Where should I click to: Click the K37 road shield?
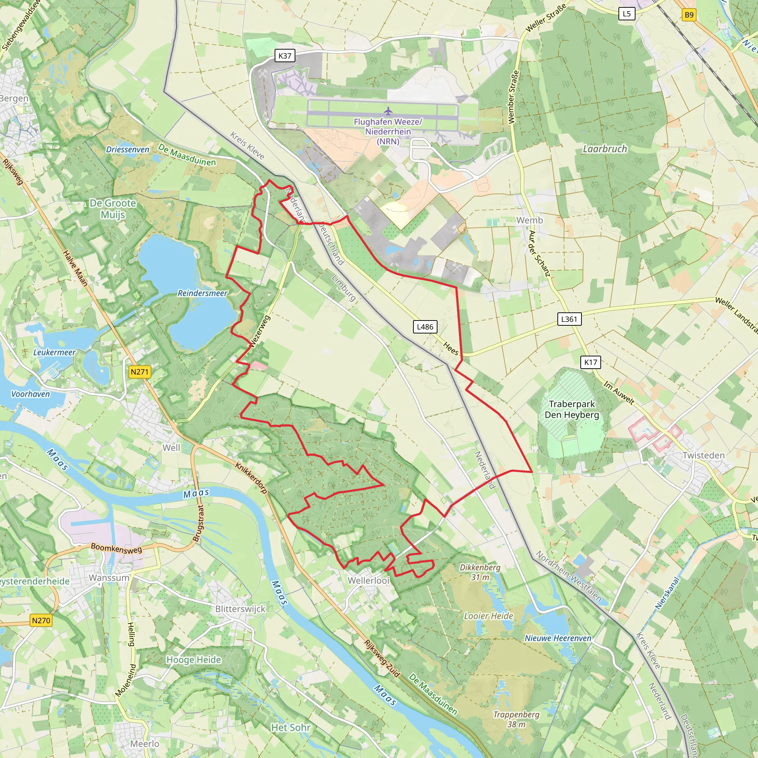(285, 56)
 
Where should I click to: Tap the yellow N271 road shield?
(140, 372)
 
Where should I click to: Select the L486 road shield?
(425, 327)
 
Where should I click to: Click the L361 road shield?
(569, 319)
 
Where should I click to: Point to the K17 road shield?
(590, 362)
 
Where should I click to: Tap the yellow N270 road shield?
(41, 620)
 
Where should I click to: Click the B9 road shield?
(689, 15)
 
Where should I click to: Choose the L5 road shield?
(627, 14)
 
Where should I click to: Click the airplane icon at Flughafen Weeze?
(388, 111)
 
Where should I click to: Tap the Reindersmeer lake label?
(202, 293)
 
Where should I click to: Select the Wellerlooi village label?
(368, 580)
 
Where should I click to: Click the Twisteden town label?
(704, 455)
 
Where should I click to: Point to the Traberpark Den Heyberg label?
(571, 409)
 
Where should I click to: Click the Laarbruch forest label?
(605, 149)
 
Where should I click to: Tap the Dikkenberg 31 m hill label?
(480, 572)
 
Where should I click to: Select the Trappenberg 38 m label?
(516, 719)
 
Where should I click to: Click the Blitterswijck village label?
(240, 608)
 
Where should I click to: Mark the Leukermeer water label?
(54, 352)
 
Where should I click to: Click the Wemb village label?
(529, 220)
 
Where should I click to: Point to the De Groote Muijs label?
(113, 209)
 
